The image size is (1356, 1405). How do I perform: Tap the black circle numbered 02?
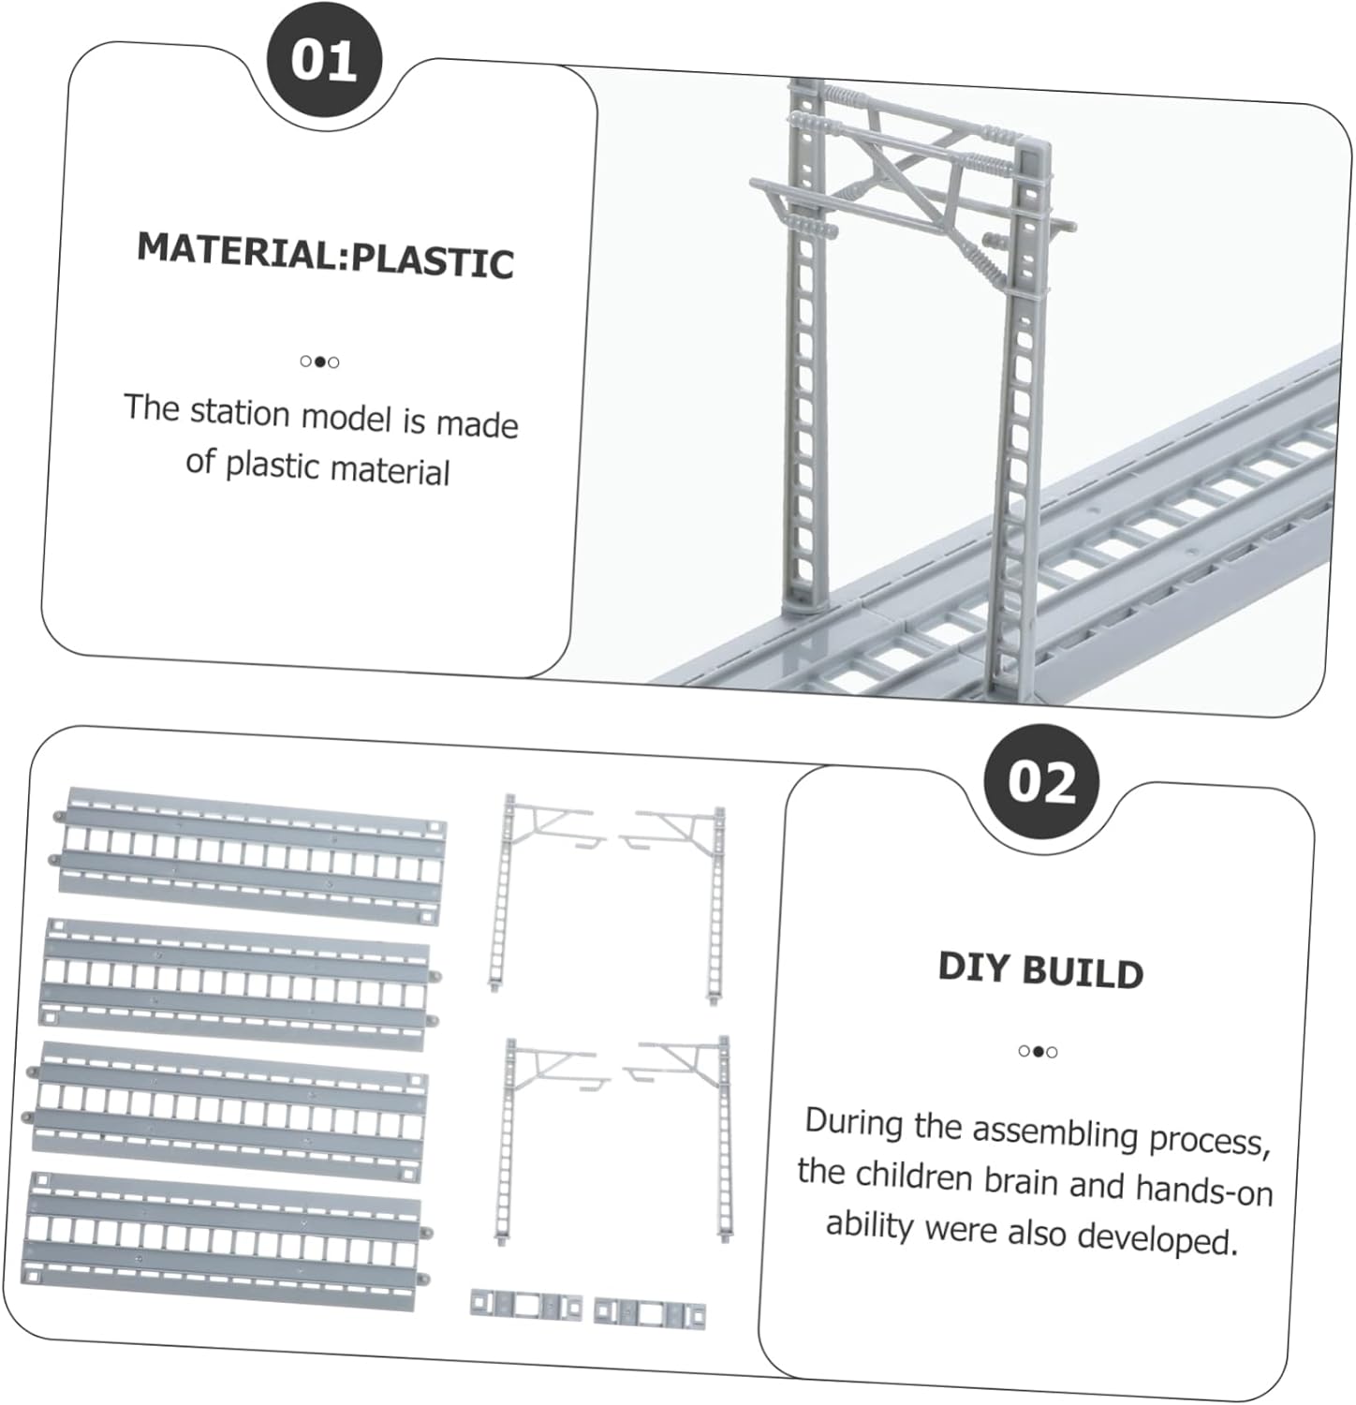coord(1042,781)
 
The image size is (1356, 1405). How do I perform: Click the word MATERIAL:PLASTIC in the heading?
coord(325,255)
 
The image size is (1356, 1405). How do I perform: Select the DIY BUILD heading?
coord(1040,969)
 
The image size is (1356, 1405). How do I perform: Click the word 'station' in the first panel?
coord(240,412)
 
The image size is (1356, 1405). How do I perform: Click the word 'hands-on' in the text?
coord(1203,1190)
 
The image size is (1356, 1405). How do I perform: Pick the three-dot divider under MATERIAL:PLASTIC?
coord(319,362)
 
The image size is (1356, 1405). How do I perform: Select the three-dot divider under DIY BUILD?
coord(1038,1051)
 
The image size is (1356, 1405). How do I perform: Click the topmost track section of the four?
coord(251,855)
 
